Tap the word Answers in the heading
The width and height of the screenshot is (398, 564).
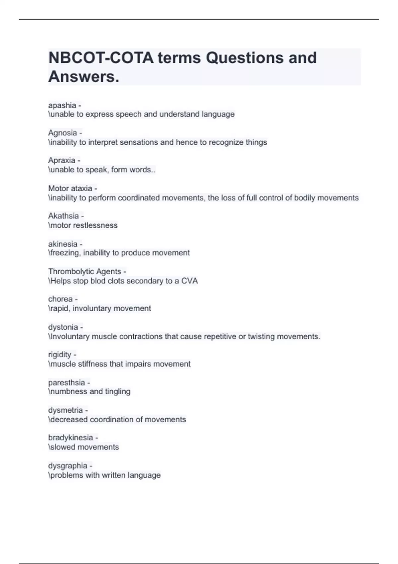[x=83, y=77]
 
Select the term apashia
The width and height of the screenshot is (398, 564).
[x=62, y=106]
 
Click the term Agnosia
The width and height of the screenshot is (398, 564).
[x=62, y=133]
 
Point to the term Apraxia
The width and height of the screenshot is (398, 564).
[x=62, y=160]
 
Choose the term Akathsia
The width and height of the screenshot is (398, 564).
[x=63, y=216]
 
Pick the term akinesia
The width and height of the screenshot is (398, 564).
[x=63, y=244]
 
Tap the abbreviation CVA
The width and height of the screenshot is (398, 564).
[x=189, y=281]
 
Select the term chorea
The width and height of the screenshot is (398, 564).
[x=60, y=299]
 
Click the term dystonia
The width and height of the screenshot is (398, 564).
[x=63, y=327]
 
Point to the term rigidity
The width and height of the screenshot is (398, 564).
[x=60, y=355]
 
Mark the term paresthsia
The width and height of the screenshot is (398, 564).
[x=66, y=383]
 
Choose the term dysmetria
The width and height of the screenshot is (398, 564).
[x=65, y=410]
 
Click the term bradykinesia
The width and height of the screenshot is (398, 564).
[x=70, y=438]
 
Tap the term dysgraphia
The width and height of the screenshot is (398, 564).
[x=68, y=466]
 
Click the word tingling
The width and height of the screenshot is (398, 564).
[x=118, y=391]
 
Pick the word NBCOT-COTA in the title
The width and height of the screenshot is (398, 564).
[x=101, y=58]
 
